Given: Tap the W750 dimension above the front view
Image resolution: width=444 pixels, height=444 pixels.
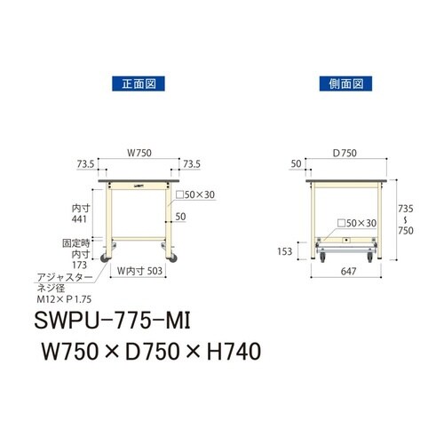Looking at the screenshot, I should click(138, 152).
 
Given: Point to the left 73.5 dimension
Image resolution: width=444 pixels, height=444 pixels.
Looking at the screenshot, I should click(85, 164).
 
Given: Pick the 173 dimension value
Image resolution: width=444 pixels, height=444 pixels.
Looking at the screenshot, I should click(81, 265).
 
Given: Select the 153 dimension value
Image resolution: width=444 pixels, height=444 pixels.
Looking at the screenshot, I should click(284, 250).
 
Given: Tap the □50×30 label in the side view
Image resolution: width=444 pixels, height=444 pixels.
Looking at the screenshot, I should click(360, 223).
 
